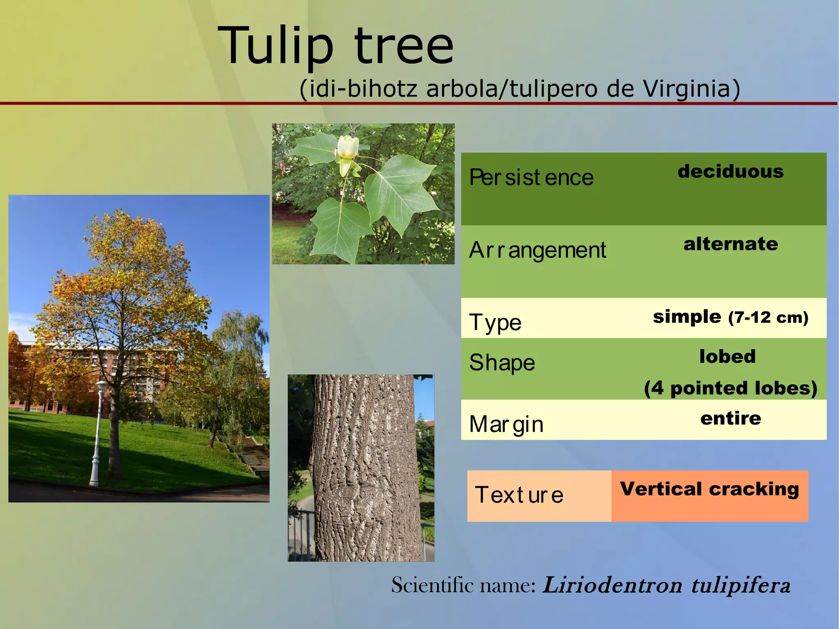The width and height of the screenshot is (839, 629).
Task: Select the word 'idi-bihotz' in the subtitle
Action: tap(363, 89)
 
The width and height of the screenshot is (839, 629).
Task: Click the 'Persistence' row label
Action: tap(531, 177)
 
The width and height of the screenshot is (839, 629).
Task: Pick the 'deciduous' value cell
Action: tap(730, 171)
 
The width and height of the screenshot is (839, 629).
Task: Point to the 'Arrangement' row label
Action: tap(537, 250)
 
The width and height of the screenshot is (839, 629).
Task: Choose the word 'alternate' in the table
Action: tap(730, 244)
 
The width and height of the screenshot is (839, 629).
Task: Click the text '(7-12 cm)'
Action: tap(768, 318)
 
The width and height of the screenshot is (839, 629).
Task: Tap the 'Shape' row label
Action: tap(502, 363)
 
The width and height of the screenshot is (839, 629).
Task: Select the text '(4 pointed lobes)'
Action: tap(730, 388)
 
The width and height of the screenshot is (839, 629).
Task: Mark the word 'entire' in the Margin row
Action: tap(730, 418)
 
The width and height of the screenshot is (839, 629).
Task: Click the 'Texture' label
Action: tap(519, 495)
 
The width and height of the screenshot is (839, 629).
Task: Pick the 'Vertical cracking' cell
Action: tap(710, 489)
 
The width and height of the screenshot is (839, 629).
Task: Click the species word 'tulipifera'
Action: tap(741, 585)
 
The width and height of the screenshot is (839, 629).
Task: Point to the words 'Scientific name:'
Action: tap(463, 585)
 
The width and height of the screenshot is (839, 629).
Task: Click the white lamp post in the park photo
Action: tap(98, 434)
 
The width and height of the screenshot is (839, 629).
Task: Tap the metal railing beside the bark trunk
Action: tap(301, 533)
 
